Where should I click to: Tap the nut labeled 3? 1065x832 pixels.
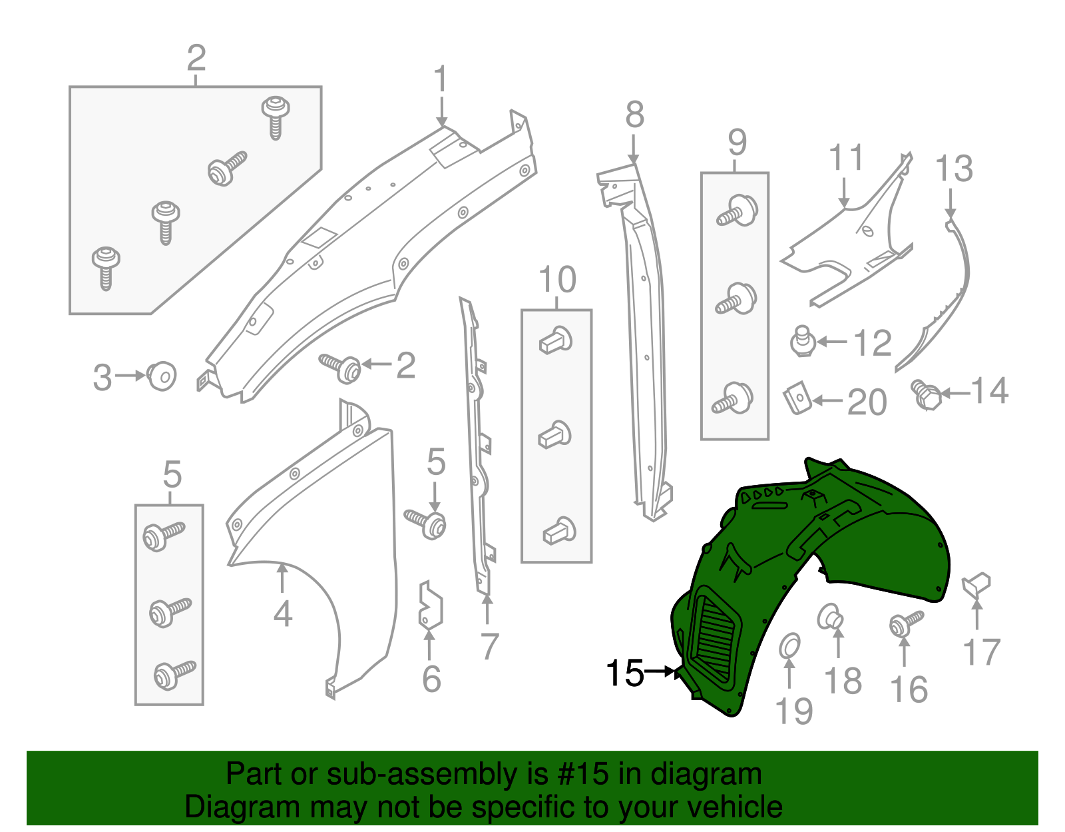click(162, 376)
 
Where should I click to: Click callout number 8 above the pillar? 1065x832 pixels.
click(634, 115)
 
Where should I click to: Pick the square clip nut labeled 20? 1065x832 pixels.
click(797, 398)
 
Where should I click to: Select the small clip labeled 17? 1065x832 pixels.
click(976, 584)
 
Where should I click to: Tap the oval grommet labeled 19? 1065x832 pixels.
click(789, 645)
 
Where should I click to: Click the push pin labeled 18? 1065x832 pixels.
click(830, 616)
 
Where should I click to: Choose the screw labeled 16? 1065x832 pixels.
click(905, 624)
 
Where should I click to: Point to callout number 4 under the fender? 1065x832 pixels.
click(283, 614)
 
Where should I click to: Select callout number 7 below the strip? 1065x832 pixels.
click(489, 646)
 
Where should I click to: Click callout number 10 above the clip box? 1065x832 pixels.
click(557, 280)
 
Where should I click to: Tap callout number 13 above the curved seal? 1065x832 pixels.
click(954, 169)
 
